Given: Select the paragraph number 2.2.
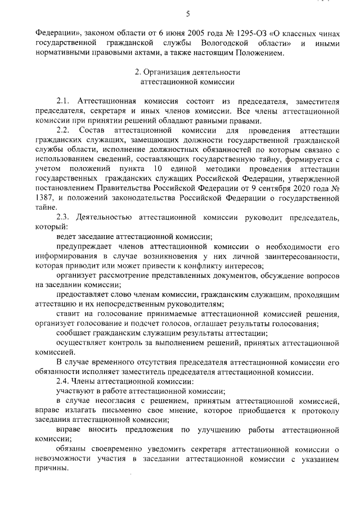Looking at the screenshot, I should coord(65,130).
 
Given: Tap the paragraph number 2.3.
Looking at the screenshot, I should coord(65,218).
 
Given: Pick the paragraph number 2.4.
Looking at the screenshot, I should coord(65,381).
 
